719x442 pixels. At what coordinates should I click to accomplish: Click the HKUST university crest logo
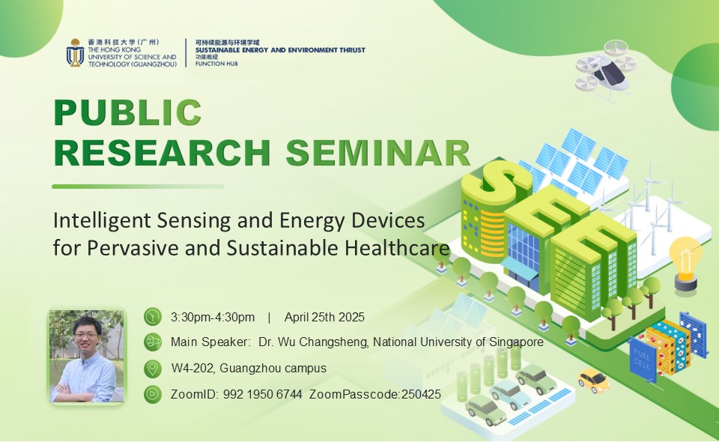[75, 52]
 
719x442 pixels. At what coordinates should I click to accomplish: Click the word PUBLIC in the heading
[128, 112]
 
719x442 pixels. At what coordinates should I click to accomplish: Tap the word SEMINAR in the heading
[378, 153]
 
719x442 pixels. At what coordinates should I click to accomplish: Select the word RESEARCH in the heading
[163, 153]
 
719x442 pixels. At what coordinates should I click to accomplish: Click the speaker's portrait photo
[87, 357]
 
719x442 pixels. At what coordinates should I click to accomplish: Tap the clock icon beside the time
[153, 317]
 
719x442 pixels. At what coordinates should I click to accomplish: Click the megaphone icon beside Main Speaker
[153, 342]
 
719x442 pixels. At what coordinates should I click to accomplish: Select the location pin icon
[153, 368]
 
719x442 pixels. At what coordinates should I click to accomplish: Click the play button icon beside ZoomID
[153, 394]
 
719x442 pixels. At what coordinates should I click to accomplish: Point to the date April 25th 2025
[324, 318]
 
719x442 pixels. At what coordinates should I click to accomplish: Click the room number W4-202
[193, 368]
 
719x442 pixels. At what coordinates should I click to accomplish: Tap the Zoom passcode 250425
[421, 394]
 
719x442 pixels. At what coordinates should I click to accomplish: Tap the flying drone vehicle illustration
[607, 70]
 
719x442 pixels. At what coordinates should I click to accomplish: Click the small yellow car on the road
[593, 380]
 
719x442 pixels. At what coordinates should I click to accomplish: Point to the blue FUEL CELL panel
[642, 359]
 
